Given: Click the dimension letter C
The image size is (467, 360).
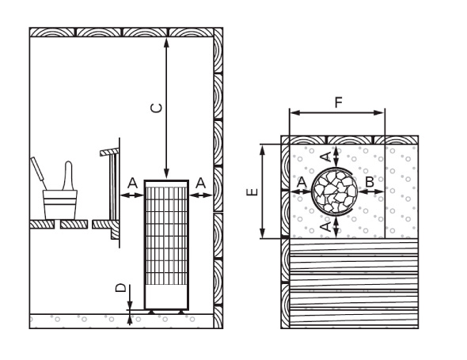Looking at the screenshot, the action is click(157, 108).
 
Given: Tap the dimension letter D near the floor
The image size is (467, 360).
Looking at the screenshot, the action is click(120, 288).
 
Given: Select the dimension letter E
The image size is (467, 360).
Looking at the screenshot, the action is click(252, 192).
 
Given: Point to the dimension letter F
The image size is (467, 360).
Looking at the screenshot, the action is click(338, 102).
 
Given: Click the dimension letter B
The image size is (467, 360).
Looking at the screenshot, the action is click(370, 182).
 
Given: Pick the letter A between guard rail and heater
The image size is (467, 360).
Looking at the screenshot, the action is click(132, 183).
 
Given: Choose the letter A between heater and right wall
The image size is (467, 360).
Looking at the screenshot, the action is click(201, 183).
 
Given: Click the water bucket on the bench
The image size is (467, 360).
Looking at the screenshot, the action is click(60, 205).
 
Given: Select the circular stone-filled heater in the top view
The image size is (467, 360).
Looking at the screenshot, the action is click(335, 191).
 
